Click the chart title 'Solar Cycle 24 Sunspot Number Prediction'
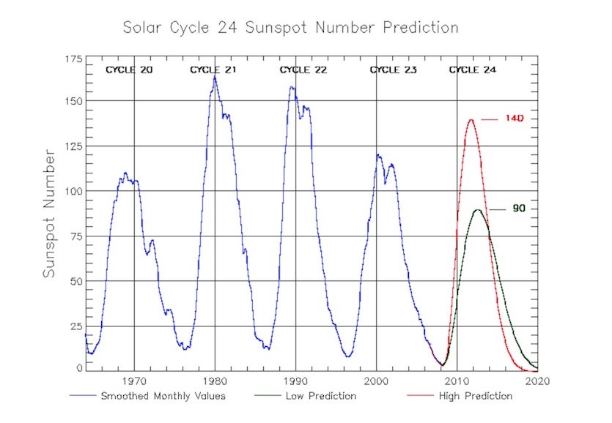point(290,28)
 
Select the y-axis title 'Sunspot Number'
point(49,213)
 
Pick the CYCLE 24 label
point(472,70)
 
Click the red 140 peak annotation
point(514,119)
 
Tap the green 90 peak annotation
point(519,209)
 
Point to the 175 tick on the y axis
point(73,59)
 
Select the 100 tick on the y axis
point(73,191)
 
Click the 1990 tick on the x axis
point(295,381)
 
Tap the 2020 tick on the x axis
point(537,381)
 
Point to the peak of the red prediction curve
point(470,120)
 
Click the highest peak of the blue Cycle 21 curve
point(215,75)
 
